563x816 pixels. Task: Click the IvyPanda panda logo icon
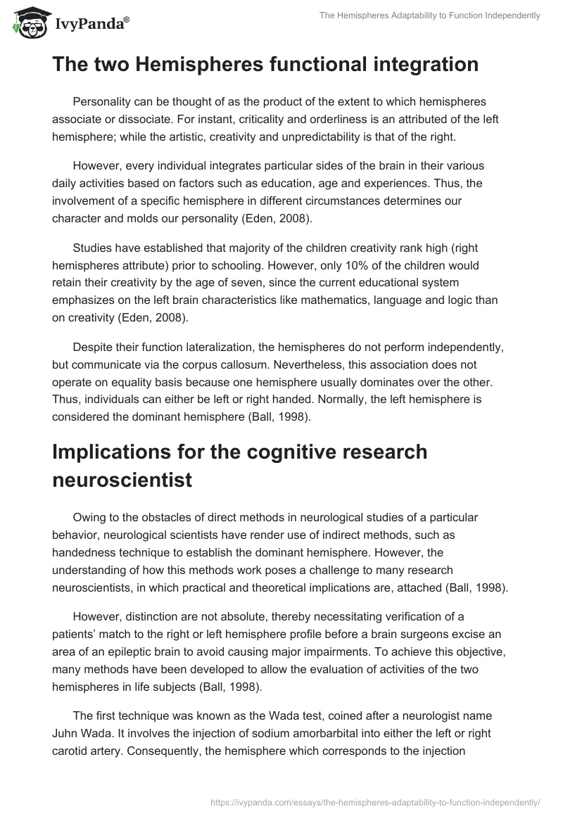point(27,22)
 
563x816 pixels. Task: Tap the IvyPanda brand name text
point(91,24)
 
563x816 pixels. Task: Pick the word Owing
point(89,517)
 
